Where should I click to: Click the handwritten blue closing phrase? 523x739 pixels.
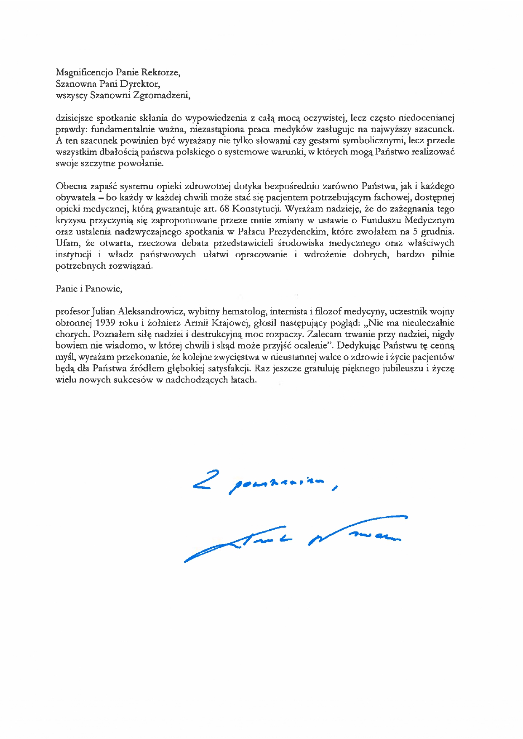pyautogui.click(x=265, y=484)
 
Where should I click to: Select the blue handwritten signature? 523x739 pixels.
pyautogui.click(x=295, y=539)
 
